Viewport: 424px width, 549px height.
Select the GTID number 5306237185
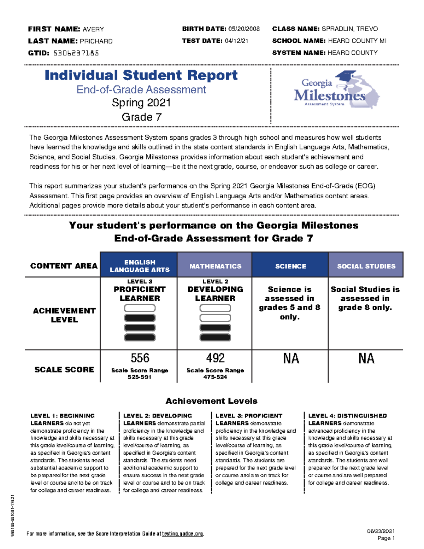click(76, 53)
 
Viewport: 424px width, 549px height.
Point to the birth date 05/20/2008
click(244, 29)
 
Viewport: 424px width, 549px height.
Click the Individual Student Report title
click(141, 75)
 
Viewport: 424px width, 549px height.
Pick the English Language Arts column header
click(139, 266)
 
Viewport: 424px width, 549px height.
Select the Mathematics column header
click(215, 266)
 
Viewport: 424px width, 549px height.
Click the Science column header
click(290, 266)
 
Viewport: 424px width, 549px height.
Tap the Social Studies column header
click(366, 266)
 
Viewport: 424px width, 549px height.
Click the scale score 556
click(140, 358)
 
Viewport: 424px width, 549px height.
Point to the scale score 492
click(215, 358)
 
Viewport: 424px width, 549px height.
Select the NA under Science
click(291, 358)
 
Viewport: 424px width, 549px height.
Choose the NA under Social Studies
click(366, 358)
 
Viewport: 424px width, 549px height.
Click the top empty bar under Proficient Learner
click(140, 308)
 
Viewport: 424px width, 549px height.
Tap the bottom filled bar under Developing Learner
click(215, 338)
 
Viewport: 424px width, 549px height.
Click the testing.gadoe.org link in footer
click(182, 534)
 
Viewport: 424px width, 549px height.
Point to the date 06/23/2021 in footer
click(381, 531)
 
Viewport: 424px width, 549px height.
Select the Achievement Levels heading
click(211, 401)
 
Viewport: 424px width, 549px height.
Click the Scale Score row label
click(64, 369)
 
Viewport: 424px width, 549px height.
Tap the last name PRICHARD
click(96, 41)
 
